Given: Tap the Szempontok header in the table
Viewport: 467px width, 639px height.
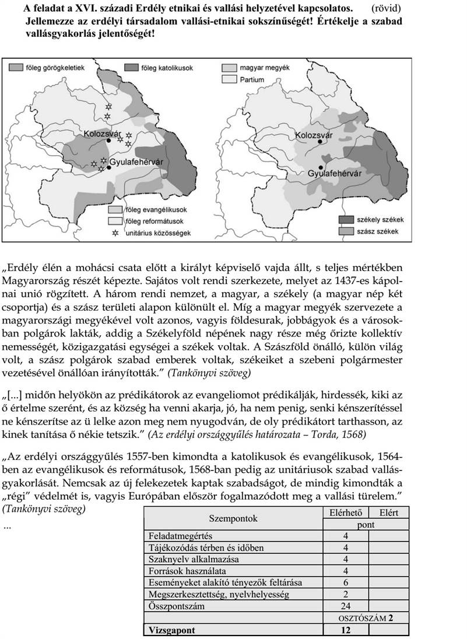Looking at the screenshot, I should click(233, 518).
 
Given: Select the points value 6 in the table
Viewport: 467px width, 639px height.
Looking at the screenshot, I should click(346, 582).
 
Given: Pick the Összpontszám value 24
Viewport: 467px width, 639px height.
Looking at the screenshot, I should click(346, 606).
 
